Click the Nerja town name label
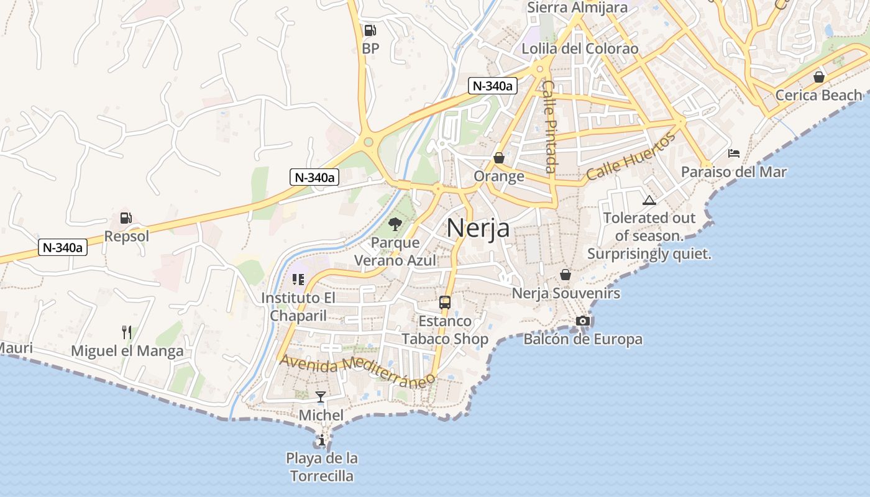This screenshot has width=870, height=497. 478,228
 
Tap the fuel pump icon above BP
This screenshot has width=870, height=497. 370,30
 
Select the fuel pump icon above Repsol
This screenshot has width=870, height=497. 126,218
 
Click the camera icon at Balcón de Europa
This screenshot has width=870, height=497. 582,321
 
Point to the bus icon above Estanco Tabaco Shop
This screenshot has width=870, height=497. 445,303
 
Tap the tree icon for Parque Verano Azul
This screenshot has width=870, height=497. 395,224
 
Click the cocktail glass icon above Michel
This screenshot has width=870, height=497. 321,396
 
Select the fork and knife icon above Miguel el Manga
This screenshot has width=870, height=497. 127,332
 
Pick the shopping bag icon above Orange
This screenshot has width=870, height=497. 498,158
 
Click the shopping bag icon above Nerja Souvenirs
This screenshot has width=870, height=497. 565,274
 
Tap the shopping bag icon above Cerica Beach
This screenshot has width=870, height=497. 819,77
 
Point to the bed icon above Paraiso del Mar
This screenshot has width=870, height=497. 733,153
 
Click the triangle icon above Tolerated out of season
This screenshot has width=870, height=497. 649,200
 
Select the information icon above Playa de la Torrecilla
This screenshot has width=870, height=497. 322,440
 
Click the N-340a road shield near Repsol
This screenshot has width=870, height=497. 62,247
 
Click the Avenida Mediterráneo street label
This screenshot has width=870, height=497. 357,370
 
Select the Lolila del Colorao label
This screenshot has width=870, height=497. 580,48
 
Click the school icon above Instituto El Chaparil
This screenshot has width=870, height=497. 298,280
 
